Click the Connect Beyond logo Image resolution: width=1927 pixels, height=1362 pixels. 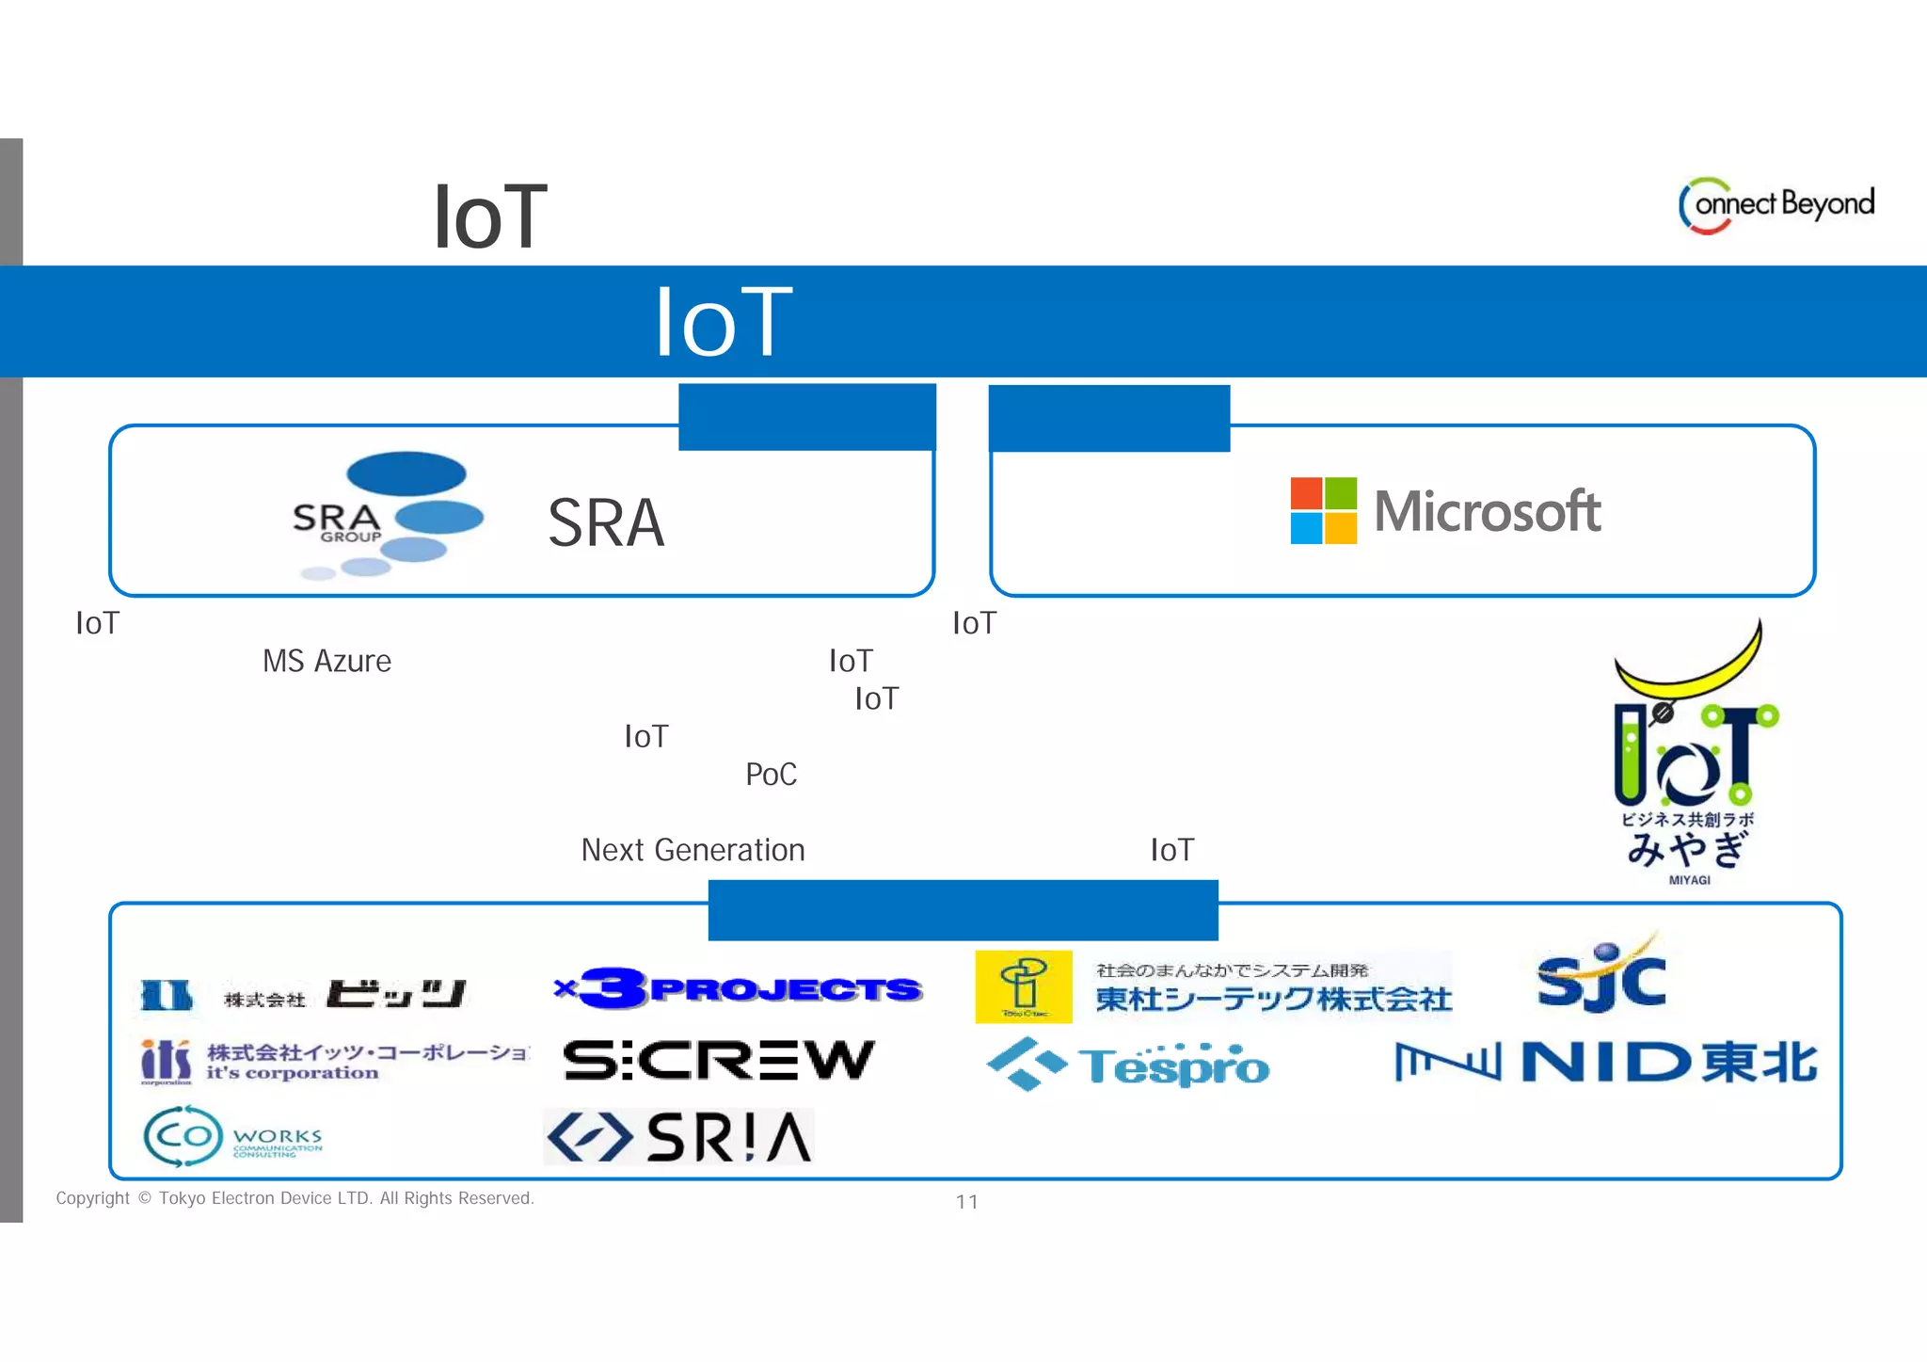click(x=1776, y=205)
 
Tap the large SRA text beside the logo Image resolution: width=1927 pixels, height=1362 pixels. click(x=606, y=523)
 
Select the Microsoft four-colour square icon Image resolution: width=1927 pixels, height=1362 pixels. click(x=1323, y=510)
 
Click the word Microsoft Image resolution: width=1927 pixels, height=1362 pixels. click(x=1487, y=511)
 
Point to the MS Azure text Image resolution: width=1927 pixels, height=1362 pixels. click(x=326, y=661)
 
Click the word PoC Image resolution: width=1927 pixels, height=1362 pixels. click(x=771, y=774)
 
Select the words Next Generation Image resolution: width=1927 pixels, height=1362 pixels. click(x=693, y=850)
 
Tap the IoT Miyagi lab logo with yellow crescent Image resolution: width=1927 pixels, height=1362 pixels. click(x=1691, y=753)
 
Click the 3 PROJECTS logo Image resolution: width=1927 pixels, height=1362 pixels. click(x=739, y=988)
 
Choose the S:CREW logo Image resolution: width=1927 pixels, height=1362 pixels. click(x=719, y=1061)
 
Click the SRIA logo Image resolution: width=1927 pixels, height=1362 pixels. click(x=679, y=1137)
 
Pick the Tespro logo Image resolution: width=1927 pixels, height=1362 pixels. click(x=1128, y=1065)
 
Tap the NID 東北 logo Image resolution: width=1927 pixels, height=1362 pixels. click(x=1605, y=1062)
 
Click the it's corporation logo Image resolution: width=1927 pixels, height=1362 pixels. click(x=334, y=1062)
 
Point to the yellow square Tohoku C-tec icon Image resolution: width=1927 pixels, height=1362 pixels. click(x=1024, y=985)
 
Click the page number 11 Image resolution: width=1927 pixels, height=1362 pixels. click(x=966, y=1201)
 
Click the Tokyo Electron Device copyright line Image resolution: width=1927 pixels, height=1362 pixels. click(x=295, y=1198)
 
